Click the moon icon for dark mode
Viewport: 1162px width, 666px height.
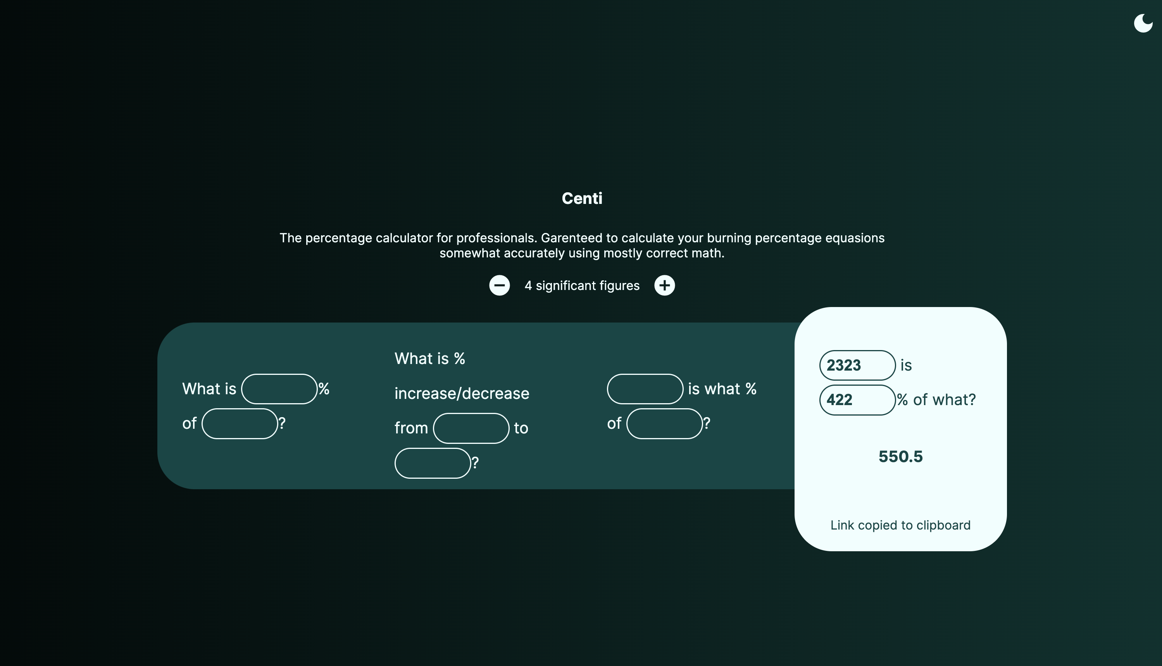point(1143,23)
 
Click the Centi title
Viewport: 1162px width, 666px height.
point(582,198)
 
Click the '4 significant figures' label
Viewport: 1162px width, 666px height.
point(582,286)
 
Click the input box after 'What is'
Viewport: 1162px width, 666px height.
point(279,389)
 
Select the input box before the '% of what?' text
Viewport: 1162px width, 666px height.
point(857,400)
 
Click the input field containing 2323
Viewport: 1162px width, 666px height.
point(857,365)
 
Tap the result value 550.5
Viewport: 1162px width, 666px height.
point(900,457)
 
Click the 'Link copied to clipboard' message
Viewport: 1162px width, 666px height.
point(900,525)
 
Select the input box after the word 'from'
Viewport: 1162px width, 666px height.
point(471,428)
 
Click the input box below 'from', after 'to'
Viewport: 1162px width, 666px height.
point(433,463)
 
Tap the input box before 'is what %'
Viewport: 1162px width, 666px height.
point(645,389)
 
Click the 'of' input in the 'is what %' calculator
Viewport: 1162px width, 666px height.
point(664,424)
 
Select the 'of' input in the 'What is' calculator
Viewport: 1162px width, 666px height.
point(240,424)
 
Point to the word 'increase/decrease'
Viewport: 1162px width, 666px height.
point(461,393)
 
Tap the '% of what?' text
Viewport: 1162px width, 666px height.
point(936,400)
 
